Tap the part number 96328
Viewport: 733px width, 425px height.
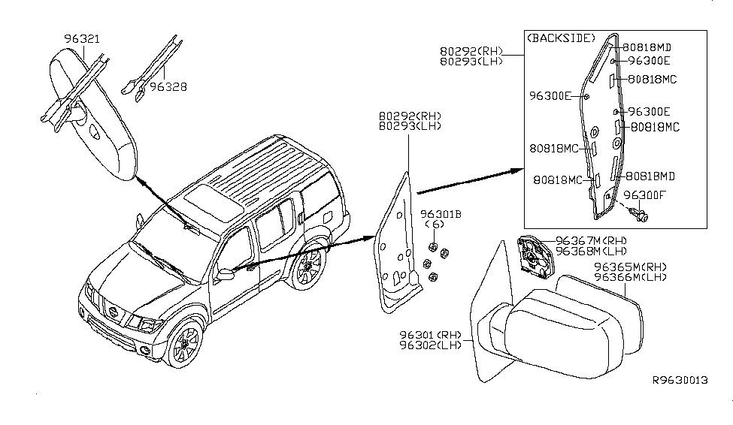(x=168, y=87)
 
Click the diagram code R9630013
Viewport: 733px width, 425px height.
(x=680, y=380)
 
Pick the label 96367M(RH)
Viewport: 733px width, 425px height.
(x=591, y=240)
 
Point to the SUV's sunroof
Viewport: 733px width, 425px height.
(x=208, y=200)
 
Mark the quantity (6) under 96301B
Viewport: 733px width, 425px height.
(x=435, y=224)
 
